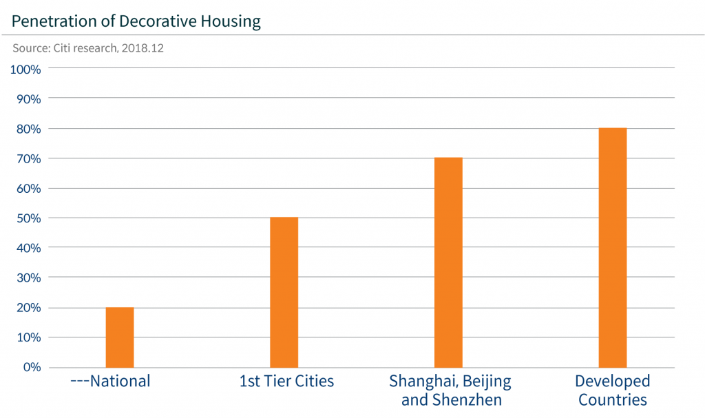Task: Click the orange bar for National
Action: point(120,337)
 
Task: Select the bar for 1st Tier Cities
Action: point(284,292)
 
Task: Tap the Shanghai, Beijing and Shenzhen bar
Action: point(448,262)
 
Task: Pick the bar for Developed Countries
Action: point(613,247)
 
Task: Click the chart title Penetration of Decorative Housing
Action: point(136,21)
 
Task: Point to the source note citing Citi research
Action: point(87,50)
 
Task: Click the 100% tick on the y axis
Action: point(26,70)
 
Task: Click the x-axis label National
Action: point(111,381)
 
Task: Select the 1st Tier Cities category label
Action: point(286,381)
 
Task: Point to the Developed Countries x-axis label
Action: point(613,390)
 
